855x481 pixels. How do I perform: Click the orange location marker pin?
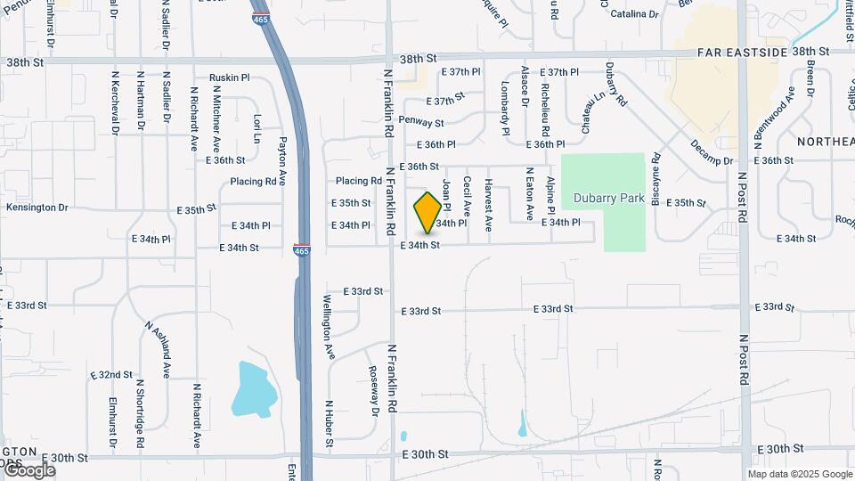click(x=427, y=212)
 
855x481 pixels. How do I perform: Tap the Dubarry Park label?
click(x=608, y=199)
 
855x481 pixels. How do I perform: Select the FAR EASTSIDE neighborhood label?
click(x=743, y=53)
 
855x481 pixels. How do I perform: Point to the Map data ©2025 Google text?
click(x=799, y=474)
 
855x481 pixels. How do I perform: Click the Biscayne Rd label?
click(x=655, y=177)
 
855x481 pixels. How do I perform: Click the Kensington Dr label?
click(x=37, y=208)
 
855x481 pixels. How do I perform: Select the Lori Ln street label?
click(x=256, y=128)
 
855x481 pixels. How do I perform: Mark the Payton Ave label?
click(x=282, y=160)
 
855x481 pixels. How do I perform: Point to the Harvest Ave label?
click(x=488, y=206)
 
